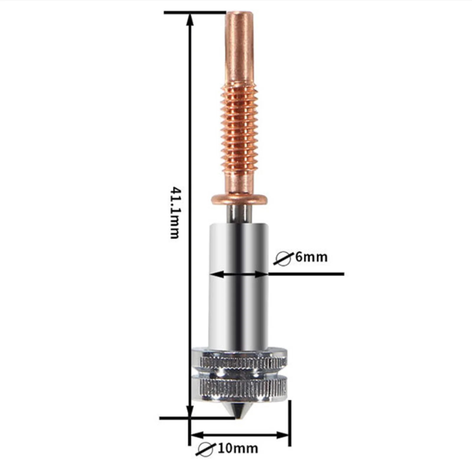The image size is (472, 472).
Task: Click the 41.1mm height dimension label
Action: (x=175, y=212)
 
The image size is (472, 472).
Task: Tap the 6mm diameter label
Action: (x=312, y=257)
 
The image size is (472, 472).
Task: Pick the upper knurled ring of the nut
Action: (x=240, y=361)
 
